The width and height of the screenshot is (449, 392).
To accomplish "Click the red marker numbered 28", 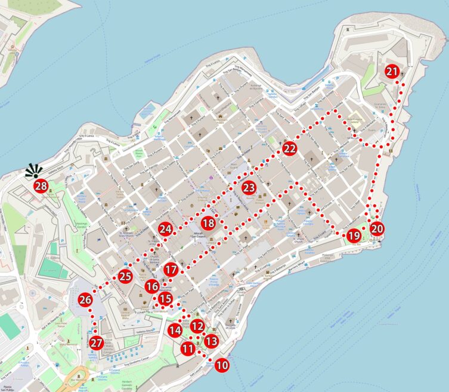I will (x=41, y=186).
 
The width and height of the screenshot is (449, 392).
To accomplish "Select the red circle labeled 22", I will (x=290, y=149).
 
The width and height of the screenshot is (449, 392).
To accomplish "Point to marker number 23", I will (x=249, y=188).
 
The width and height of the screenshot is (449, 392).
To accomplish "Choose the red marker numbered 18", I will (x=208, y=223).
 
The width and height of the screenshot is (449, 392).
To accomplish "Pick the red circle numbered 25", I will (x=125, y=276).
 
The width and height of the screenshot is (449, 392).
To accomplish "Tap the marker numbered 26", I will (x=85, y=301).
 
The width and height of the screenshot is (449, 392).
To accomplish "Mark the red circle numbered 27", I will (x=97, y=344).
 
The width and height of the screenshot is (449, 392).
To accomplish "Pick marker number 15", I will (x=166, y=299).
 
